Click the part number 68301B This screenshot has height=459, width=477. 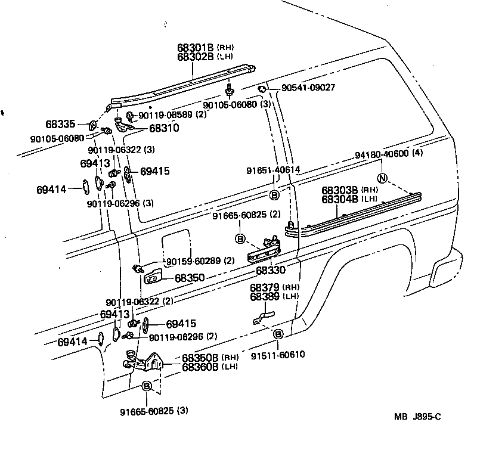click(196, 47)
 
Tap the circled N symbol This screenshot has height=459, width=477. click(383, 178)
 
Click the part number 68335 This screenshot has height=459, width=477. click(60, 125)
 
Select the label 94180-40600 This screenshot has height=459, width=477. click(382, 154)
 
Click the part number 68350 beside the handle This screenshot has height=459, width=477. click(190, 278)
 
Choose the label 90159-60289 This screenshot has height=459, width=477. click(193, 260)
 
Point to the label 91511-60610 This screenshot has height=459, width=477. click(279, 354)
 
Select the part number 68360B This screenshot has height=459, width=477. click(200, 366)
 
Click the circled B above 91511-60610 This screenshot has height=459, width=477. click(278, 334)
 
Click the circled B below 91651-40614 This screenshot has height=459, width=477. click(274, 195)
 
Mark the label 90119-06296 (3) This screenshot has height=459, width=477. click(119, 203)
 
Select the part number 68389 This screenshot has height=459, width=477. click(265, 296)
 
